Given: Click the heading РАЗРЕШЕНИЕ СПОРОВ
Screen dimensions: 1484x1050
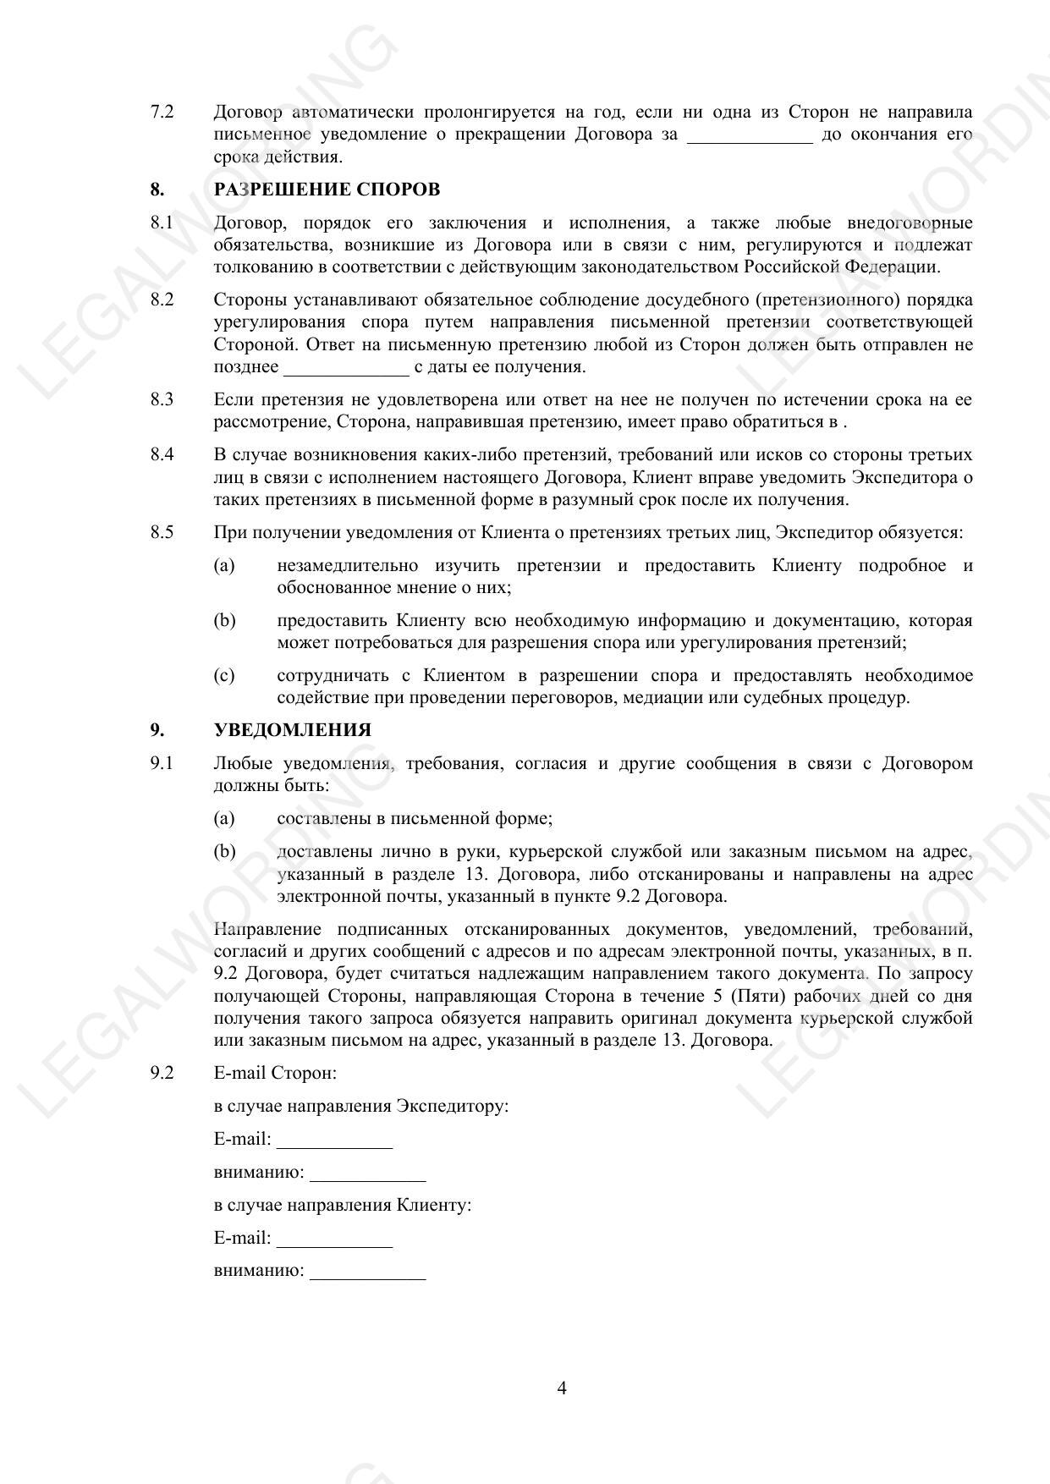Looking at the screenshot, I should coord(327,190).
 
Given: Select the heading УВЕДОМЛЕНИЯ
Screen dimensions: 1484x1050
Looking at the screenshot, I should coord(293,730).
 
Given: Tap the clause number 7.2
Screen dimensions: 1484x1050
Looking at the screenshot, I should coord(162,112).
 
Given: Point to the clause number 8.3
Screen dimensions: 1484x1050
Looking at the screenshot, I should coord(162,399).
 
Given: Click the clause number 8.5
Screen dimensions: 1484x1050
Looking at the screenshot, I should coord(162,532).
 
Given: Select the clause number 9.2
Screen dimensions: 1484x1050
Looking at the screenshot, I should coord(162,1073).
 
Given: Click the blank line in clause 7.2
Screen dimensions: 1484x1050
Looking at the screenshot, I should coord(749,137).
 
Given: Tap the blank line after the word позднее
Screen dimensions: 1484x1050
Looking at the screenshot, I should coord(346,369).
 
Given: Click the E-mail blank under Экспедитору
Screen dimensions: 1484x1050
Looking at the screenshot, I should coord(334,1142).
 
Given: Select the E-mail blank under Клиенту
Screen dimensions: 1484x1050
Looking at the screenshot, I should coord(334,1241).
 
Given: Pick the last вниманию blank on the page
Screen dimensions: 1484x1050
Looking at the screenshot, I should coord(367,1273).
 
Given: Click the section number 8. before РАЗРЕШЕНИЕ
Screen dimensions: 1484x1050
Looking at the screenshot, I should coord(157,190).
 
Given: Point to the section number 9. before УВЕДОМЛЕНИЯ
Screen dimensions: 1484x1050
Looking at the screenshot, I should coord(157,730).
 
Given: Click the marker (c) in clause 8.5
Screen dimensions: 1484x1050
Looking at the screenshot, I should coord(224,675).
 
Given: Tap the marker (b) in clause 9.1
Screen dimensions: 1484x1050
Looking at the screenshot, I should coord(224,852).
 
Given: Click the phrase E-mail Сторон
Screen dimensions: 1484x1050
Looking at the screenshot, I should coord(275,1073).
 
